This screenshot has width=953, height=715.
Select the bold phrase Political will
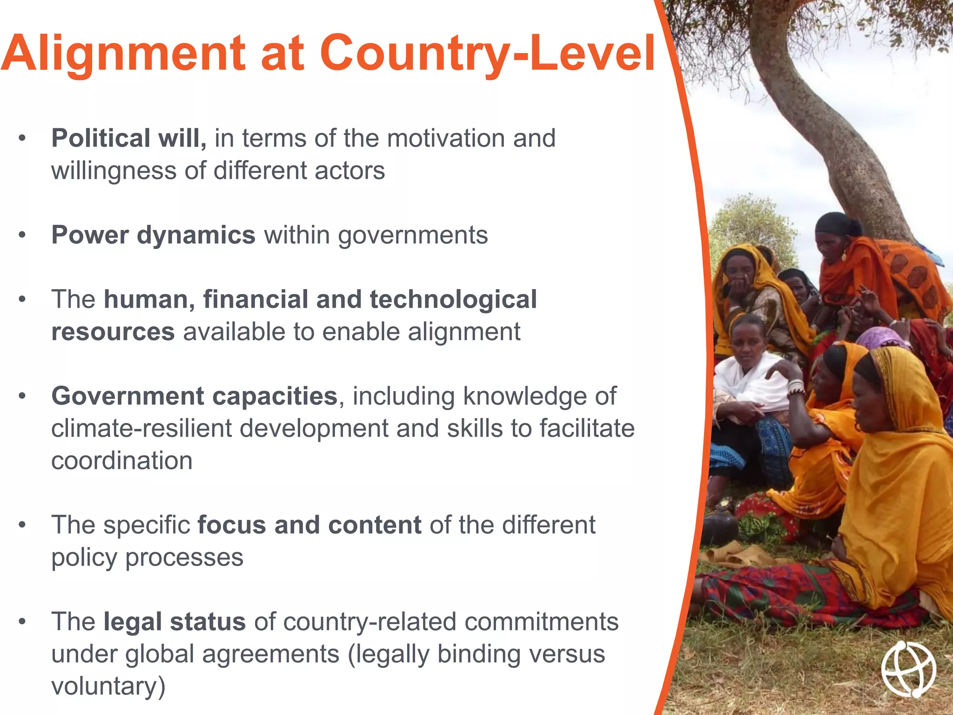click(x=128, y=138)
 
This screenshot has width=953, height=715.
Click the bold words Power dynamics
click(x=153, y=235)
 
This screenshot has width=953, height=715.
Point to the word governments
click(x=413, y=235)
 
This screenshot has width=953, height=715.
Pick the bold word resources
click(x=113, y=332)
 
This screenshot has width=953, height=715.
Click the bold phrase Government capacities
click(x=194, y=396)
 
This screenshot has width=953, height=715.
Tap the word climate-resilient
click(x=141, y=428)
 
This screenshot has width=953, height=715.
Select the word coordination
click(x=121, y=461)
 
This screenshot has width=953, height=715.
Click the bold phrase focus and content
click(x=309, y=525)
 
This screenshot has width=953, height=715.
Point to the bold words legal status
click(x=174, y=621)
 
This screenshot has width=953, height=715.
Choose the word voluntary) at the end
click(x=108, y=686)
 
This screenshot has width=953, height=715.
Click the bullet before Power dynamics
click(x=22, y=235)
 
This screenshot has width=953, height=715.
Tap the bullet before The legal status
click(x=22, y=621)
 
